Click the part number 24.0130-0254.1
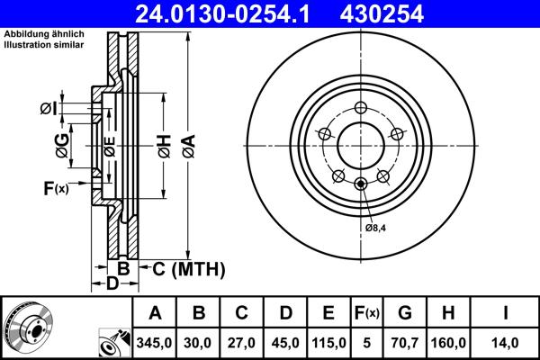[231, 13]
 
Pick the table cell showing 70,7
[405, 343]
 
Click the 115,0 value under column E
[329, 343]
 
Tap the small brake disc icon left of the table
[28, 328]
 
